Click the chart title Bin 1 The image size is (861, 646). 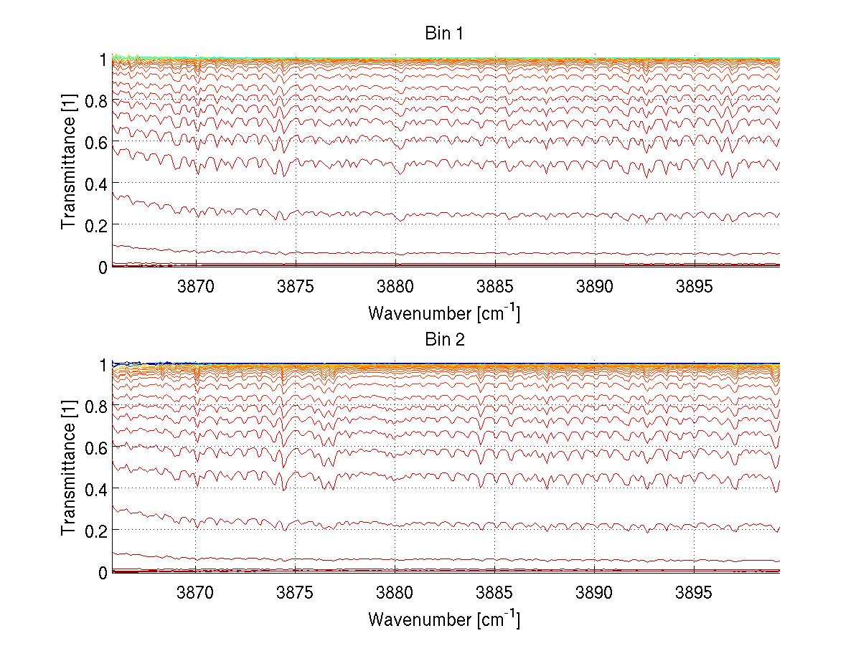[x=446, y=34]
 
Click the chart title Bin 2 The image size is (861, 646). [x=446, y=339]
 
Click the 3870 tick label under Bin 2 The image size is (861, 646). [x=196, y=592]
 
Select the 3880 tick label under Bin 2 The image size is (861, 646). [x=395, y=592]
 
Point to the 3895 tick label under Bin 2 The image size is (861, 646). [x=695, y=592]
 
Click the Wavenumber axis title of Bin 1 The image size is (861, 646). [x=444, y=313]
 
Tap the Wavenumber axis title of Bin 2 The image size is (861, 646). [x=444, y=618]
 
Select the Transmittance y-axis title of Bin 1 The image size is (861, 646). [x=68, y=163]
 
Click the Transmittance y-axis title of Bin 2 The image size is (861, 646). [x=68, y=468]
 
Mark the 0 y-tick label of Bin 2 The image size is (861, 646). [x=103, y=572]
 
